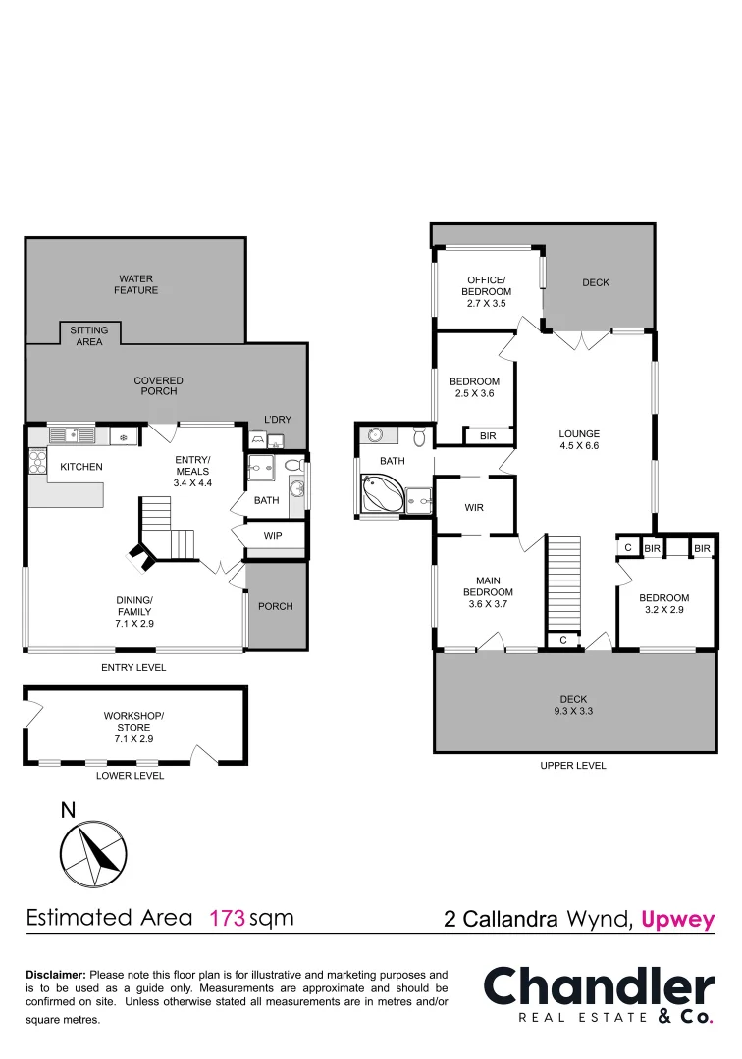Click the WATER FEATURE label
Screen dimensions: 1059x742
[x=136, y=284]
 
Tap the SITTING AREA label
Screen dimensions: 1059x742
[x=89, y=336]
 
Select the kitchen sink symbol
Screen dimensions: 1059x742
[x=72, y=434]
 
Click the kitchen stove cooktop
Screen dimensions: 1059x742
[x=38, y=461]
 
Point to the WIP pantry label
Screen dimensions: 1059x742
[x=273, y=536]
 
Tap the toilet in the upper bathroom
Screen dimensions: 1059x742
[x=420, y=435]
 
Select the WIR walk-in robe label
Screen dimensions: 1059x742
[x=475, y=508]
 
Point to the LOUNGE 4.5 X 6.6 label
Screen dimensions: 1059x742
[x=579, y=439]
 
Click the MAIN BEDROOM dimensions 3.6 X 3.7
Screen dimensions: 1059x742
[x=488, y=604]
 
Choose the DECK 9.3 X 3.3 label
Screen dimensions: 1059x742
[x=573, y=705]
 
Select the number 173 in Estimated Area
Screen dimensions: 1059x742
[x=227, y=919]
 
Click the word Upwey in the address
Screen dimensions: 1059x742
[x=677, y=920]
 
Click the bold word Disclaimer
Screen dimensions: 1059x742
[x=55, y=975]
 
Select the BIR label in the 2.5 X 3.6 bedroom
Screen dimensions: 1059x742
[x=488, y=435]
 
